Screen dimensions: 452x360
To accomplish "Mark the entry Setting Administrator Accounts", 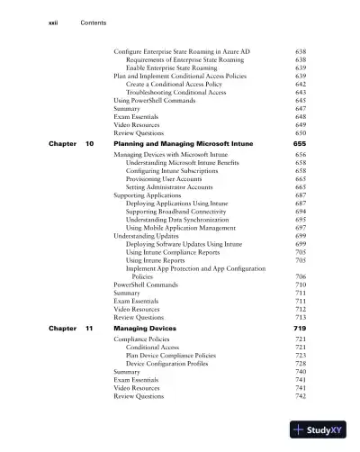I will pos(177,187).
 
